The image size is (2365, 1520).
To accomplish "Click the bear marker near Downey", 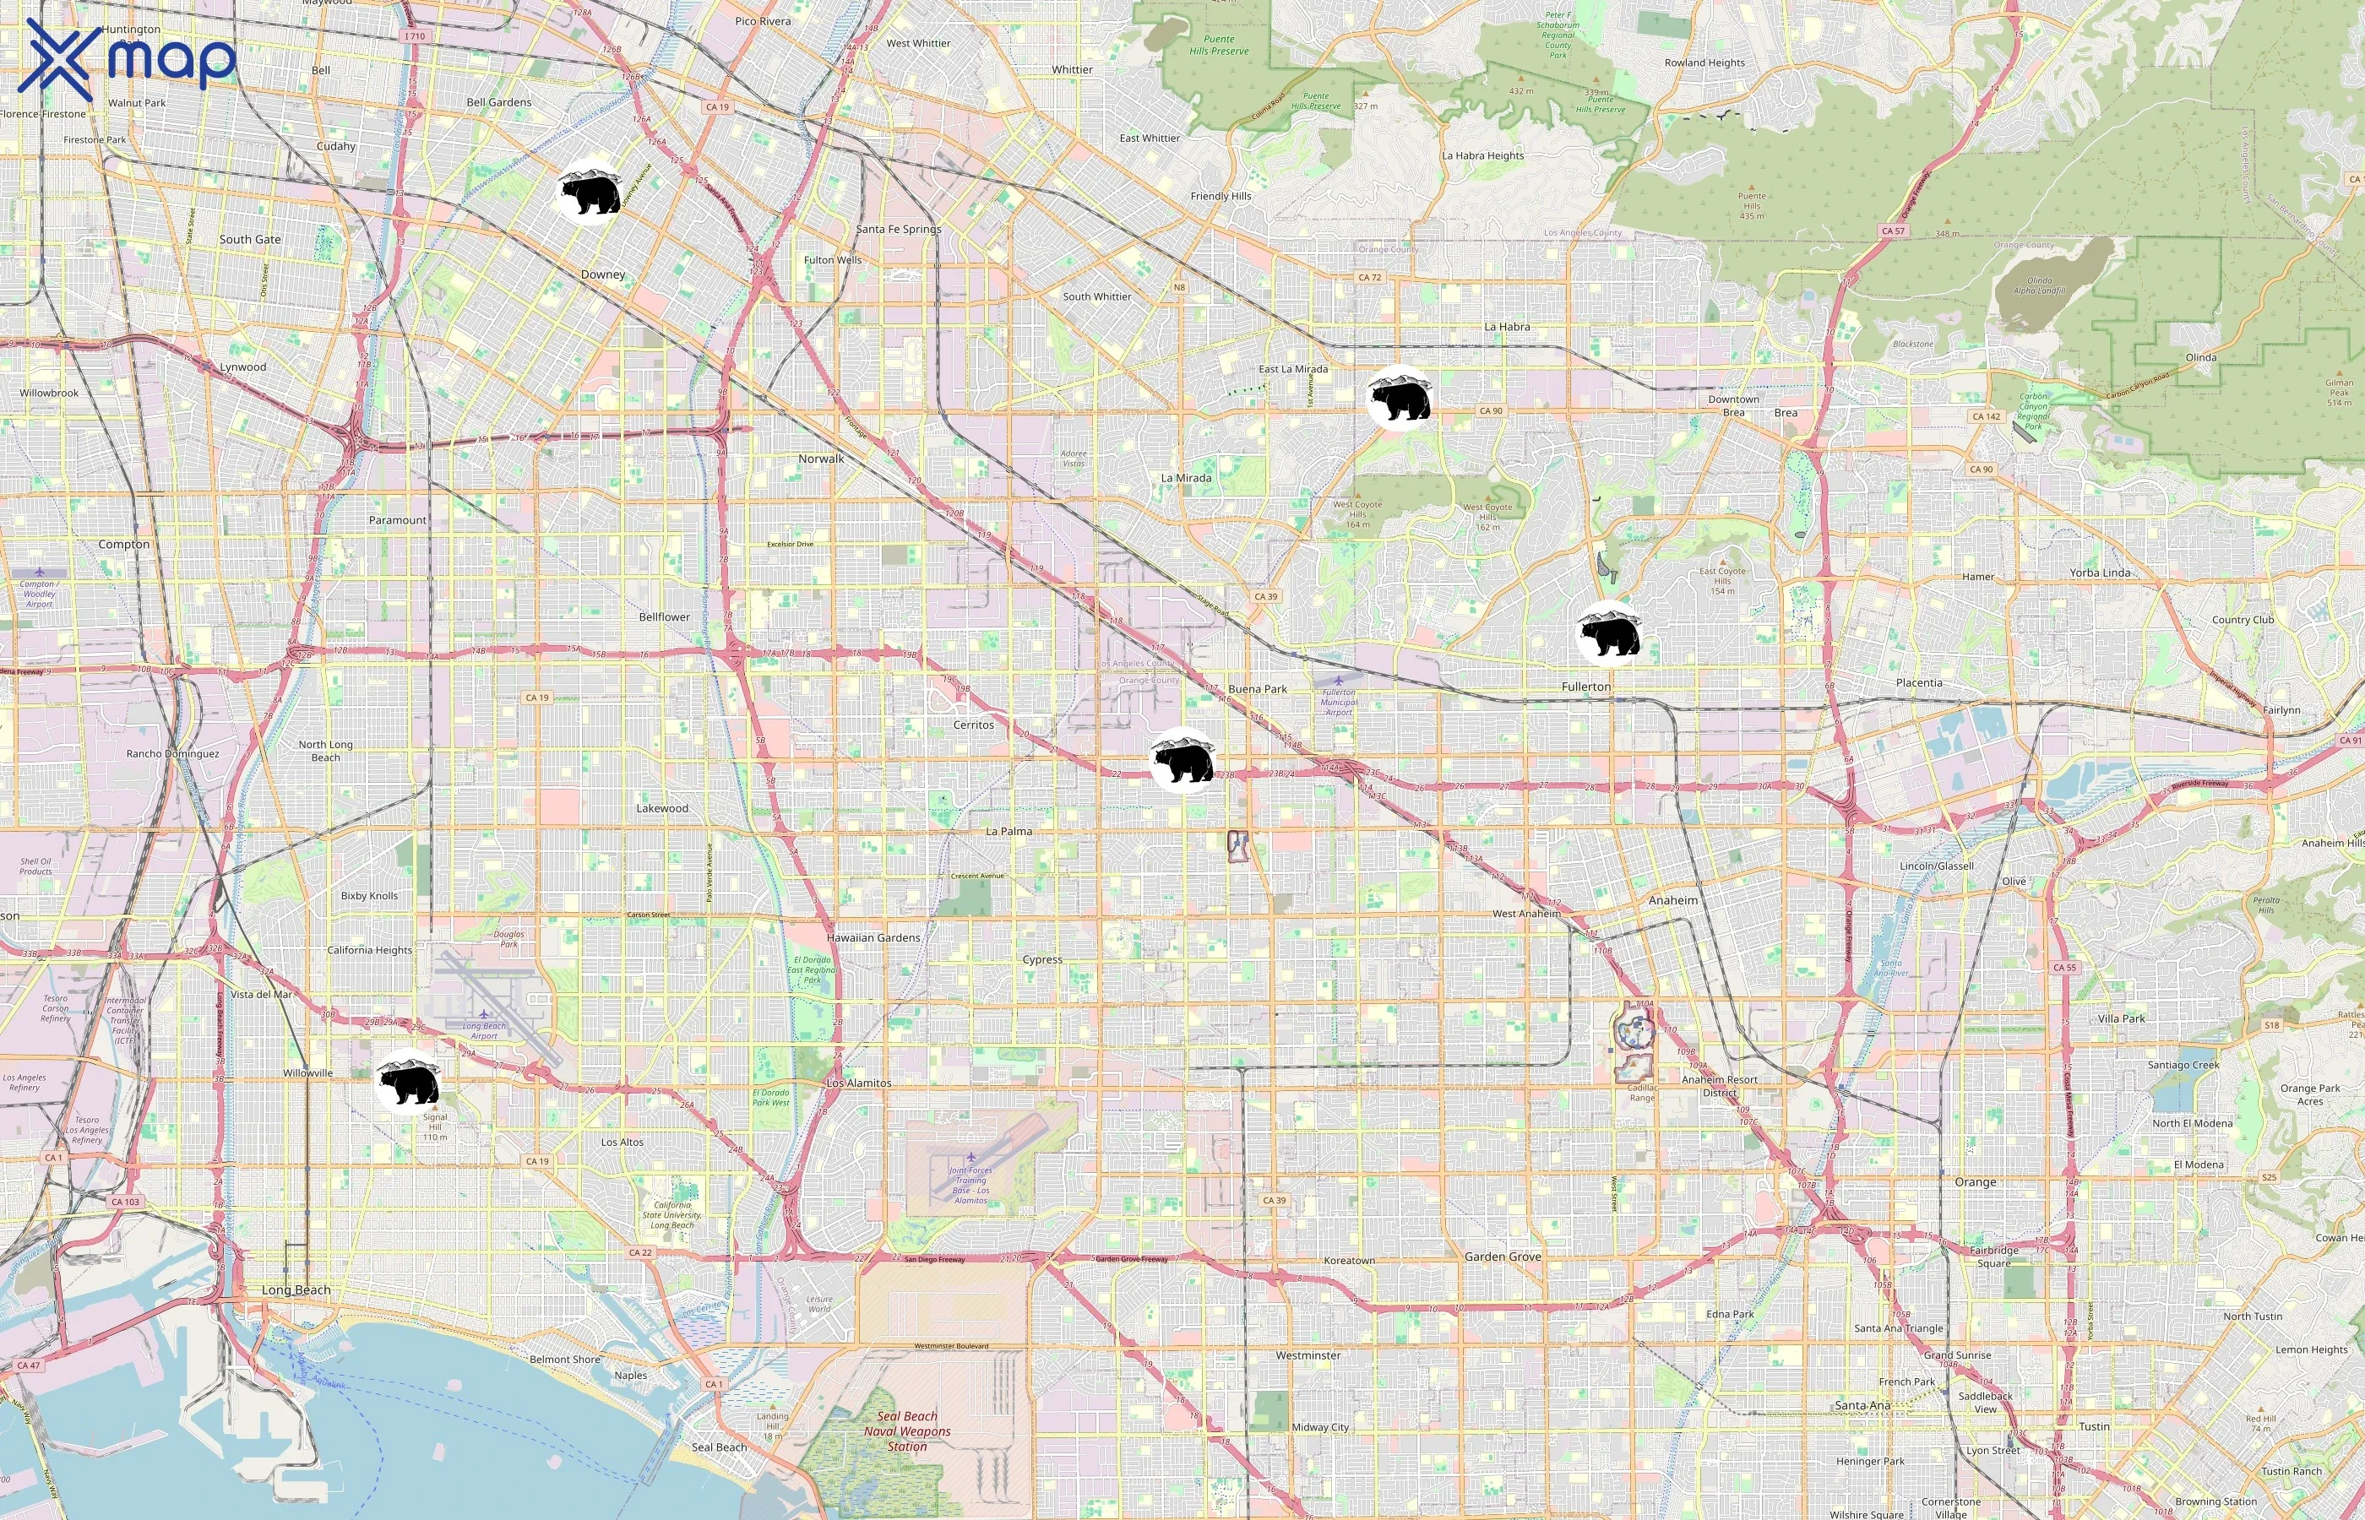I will [x=590, y=192].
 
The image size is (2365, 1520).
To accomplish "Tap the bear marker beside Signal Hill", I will [x=408, y=1083].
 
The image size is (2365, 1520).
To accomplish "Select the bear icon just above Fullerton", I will [x=1609, y=633].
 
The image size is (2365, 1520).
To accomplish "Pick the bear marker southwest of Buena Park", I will [x=1182, y=760].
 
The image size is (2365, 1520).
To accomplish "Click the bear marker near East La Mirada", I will [x=1400, y=398].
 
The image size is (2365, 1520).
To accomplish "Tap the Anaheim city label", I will [x=1673, y=900].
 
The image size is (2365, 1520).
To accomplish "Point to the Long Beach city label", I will [x=296, y=1290].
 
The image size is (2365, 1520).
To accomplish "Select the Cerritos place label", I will [x=973, y=725].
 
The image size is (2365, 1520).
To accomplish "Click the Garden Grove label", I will [x=1503, y=1257].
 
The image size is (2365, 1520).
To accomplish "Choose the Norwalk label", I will [x=821, y=459].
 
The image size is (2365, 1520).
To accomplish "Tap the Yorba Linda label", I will [x=2100, y=573].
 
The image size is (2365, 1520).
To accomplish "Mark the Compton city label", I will [x=124, y=544].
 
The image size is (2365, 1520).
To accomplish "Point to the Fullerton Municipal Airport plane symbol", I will [x=1339, y=680].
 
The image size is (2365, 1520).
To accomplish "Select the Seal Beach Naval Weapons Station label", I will [x=907, y=1431].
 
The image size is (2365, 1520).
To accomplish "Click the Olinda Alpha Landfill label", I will [x=2039, y=286].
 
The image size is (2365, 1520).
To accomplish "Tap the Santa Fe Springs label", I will [x=898, y=229].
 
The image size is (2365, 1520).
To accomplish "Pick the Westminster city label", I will [x=1308, y=1355].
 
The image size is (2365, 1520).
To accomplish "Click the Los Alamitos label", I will [x=859, y=1083].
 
